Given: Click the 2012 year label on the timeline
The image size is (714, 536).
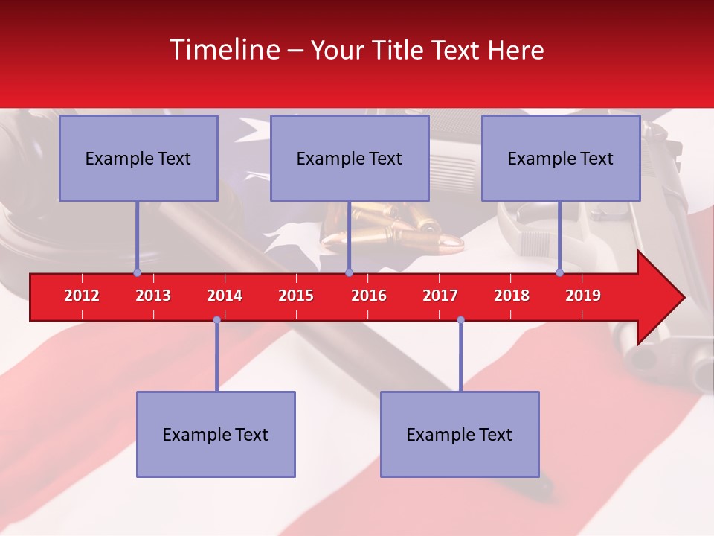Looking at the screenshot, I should (x=82, y=296).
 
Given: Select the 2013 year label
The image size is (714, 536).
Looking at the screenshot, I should (x=153, y=296).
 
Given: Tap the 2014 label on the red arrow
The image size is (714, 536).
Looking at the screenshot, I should (x=225, y=296).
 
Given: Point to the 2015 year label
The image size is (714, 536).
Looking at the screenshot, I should (x=296, y=296).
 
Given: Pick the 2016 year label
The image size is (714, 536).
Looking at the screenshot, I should (x=369, y=296).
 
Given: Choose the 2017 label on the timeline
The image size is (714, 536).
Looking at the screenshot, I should (x=440, y=296).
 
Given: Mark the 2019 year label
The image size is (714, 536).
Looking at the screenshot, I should (x=583, y=296).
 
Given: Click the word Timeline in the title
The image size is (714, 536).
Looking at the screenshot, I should (x=224, y=50).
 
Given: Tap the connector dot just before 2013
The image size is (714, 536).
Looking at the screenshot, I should (x=137, y=273).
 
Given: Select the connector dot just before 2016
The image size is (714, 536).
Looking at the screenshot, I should (x=349, y=273).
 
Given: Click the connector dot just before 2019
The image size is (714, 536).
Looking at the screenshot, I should (x=560, y=273).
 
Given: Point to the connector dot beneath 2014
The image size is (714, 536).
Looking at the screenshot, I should (x=216, y=320).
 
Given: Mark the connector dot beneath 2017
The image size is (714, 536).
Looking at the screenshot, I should (x=460, y=320).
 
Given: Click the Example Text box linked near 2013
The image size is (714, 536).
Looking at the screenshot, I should (x=138, y=158).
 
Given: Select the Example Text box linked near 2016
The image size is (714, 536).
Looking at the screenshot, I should (x=350, y=158).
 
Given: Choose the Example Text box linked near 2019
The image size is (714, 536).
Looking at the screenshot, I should (x=561, y=158).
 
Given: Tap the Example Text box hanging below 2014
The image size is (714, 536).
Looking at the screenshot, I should (x=216, y=434).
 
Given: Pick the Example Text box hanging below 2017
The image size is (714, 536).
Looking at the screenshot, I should (x=460, y=434).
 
